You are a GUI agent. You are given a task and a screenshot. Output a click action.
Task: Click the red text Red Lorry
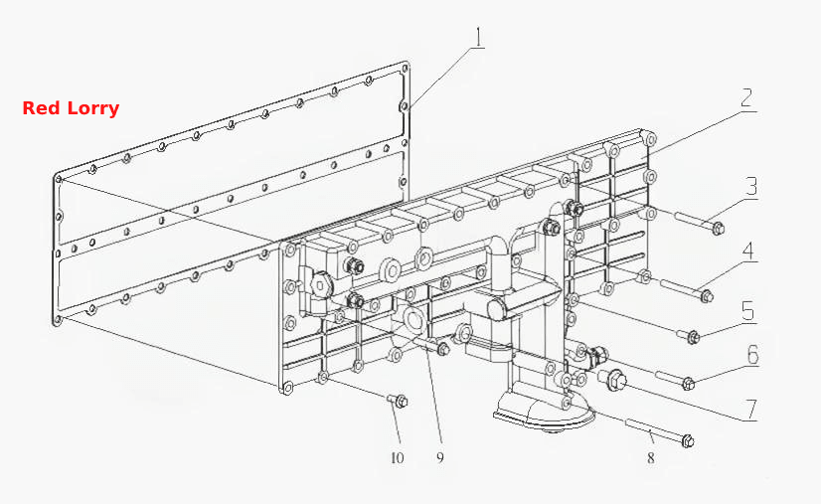pyautogui.click(x=71, y=108)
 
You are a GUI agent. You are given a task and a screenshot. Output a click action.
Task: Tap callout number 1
pyautogui.click(x=479, y=38)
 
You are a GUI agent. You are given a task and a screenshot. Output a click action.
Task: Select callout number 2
pyautogui.click(x=748, y=97)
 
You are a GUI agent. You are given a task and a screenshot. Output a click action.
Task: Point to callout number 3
pyautogui.click(x=751, y=186)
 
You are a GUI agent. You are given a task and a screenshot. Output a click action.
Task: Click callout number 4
pyautogui.click(x=749, y=251)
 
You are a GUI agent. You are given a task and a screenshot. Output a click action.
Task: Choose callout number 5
pyautogui.click(x=748, y=311)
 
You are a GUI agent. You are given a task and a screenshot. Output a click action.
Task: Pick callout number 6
pyautogui.click(x=753, y=355)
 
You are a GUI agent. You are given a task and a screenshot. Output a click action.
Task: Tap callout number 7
pyautogui.click(x=751, y=411)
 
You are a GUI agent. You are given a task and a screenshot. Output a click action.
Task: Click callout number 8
pyautogui.click(x=650, y=458)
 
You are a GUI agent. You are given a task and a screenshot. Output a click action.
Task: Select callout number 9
pyautogui.click(x=439, y=457)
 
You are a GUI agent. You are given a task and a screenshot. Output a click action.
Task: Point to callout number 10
pyautogui.click(x=398, y=458)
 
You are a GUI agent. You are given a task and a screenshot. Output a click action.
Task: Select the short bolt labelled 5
pyautogui.click(x=689, y=336)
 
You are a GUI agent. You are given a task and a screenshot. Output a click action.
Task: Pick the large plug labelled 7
pyautogui.click(x=613, y=380)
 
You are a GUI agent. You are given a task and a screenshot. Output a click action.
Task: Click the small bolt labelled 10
pyautogui.click(x=398, y=401)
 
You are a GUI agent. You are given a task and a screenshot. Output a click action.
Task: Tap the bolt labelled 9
pyautogui.click(x=437, y=346)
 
